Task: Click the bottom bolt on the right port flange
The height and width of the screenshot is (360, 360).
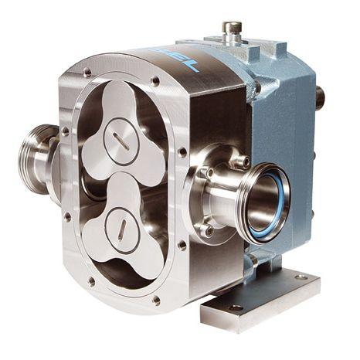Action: click(209, 229)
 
